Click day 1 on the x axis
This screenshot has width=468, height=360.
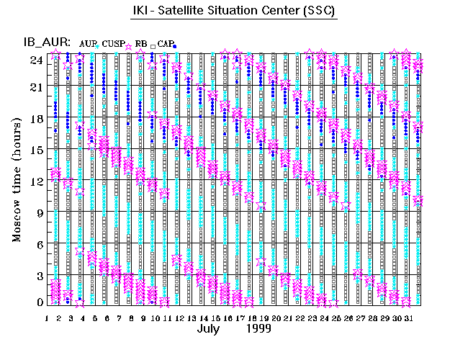pyautogui.click(x=47, y=317)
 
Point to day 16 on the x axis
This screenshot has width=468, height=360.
pyautogui.click(x=227, y=317)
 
